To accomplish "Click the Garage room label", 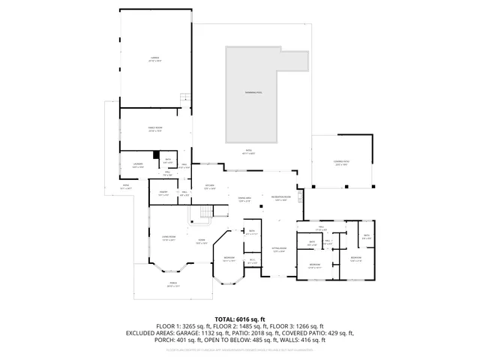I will pyautogui.click(x=154, y=58).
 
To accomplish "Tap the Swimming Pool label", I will pyautogui.click(x=253, y=92).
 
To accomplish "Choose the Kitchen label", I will pyautogui.click(x=211, y=187).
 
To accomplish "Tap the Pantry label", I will pyautogui.click(x=162, y=193).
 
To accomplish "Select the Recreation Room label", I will pyautogui.click(x=281, y=199).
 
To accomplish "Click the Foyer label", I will pyautogui.click(x=201, y=241).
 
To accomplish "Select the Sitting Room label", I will pyautogui.click(x=278, y=250).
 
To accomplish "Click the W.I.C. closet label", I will pyautogui.click(x=253, y=260).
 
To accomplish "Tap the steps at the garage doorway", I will pyautogui.click(x=184, y=97).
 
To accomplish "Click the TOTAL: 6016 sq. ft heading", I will pyautogui.click(x=239, y=319).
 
